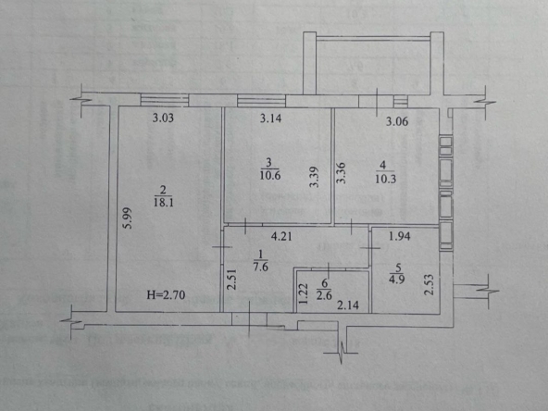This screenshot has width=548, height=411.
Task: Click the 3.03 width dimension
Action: point(163,118)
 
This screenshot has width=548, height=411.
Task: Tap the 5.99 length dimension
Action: point(128,218)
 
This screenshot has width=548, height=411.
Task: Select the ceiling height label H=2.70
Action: point(166,295)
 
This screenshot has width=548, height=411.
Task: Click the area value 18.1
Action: point(164,203)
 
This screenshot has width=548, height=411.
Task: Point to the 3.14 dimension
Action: point(270,118)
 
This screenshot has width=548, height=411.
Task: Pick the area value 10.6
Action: point(270,175)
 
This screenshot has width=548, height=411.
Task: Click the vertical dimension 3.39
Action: point(315,177)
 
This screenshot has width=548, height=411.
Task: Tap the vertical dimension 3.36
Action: point(341,173)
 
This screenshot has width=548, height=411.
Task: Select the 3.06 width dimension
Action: point(397,121)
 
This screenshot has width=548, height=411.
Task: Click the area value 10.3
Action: point(385,179)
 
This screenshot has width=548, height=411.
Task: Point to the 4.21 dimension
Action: point(281,237)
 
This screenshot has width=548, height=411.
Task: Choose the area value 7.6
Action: point(260,268)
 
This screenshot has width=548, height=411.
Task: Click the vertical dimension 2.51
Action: point(231,280)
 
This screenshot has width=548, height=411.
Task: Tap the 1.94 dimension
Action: point(400,236)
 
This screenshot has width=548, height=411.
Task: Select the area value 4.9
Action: point(397,280)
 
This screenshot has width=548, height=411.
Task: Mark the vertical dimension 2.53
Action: point(429,285)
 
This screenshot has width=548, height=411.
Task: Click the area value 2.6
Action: point(324,294)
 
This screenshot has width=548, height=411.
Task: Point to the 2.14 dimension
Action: point(348,305)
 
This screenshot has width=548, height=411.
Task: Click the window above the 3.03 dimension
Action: point(164,99)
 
